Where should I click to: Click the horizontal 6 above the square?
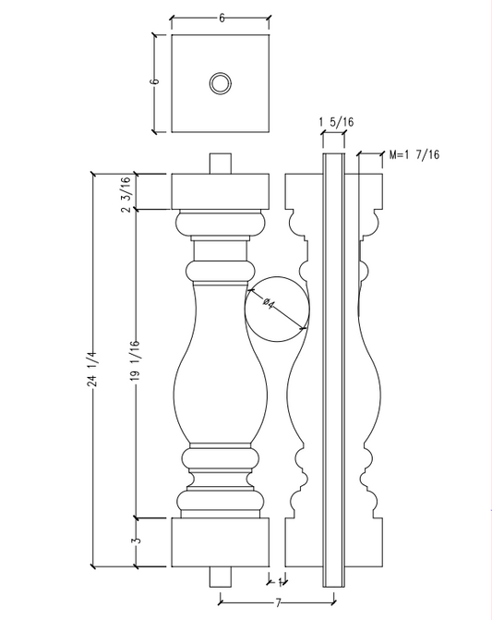pyautogui.click(x=222, y=18)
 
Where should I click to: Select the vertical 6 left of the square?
pyautogui.click(x=155, y=81)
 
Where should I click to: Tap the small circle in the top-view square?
pyautogui.click(x=222, y=83)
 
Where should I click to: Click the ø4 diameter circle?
pyautogui.click(x=278, y=308)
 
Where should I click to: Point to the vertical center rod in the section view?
pyautogui.click(x=333, y=370)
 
